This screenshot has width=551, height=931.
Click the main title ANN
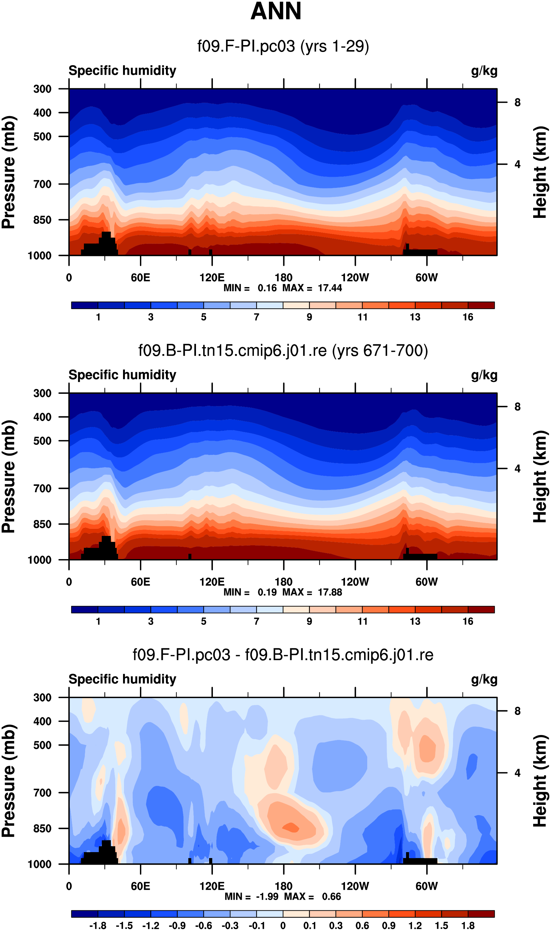click(275, 11)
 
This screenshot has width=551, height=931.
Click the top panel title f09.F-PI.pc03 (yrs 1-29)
click(283, 46)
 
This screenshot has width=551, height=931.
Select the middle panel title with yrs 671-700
click(283, 350)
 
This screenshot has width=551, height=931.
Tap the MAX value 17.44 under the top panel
click(330, 288)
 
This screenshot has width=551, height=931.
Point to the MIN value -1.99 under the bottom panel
click(267, 897)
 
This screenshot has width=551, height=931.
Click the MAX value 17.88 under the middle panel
click(330, 592)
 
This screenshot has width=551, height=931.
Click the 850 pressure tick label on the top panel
click(42, 220)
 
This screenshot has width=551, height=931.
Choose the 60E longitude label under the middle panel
click(140, 582)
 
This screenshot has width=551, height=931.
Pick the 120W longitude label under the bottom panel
click(355, 886)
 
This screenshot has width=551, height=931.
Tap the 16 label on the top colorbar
click(468, 317)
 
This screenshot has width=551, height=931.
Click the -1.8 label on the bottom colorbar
click(98, 926)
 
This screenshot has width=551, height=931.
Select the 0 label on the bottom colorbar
click(283, 926)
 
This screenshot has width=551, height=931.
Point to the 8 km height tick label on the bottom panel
click(517, 711)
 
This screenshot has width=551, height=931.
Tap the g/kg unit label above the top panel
click(484, 70)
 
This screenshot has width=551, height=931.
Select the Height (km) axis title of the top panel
click(540, 172)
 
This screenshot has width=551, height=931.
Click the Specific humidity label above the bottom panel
click(122, 679)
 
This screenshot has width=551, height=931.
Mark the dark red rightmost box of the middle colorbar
click(481, 610)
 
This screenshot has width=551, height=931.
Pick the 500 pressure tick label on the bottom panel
click(42, 745)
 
